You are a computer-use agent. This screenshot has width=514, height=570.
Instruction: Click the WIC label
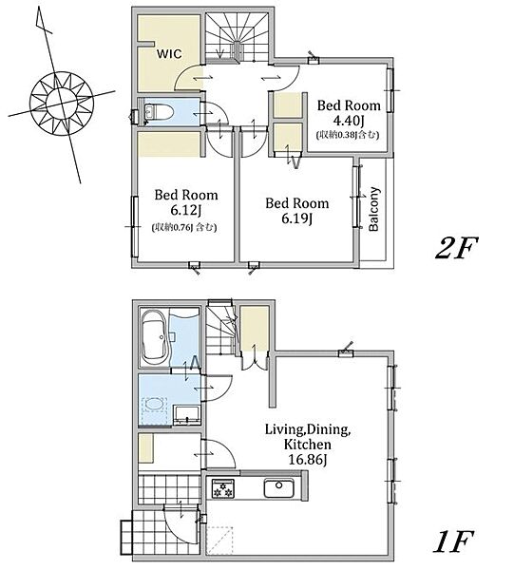click(169, 54)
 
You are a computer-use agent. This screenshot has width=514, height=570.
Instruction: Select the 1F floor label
click(453, 541)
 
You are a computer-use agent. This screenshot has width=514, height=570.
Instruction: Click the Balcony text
click(373, 209)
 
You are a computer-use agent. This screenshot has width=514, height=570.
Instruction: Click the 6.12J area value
click(187, 210)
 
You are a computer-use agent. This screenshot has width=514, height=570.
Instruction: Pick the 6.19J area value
click(297, 218)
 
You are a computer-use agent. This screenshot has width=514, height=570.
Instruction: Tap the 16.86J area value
click(308, 460)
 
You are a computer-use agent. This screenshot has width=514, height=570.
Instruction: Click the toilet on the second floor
click(159, 112)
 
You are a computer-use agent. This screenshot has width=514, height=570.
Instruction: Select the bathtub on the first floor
click(154, 337)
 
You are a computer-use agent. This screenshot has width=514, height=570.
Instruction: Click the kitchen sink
click(278, 488)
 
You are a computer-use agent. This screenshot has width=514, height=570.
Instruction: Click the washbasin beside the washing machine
click(187, 415)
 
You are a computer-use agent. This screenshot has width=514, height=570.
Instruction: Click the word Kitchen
click(307, 445)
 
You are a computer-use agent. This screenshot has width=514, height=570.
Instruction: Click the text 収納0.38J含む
click(348, 135)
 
